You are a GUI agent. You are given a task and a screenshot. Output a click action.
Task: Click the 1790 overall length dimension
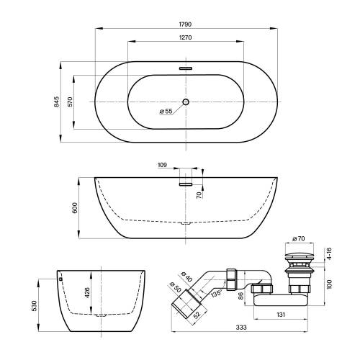coord(185,24)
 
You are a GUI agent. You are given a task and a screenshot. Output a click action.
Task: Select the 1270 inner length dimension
coord(185,37)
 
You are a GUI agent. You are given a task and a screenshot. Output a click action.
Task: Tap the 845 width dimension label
coord(56,102)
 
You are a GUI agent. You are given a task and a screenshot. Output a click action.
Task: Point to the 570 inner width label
coord(70,102)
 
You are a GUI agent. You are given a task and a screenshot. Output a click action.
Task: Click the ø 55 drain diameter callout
coord(166,111)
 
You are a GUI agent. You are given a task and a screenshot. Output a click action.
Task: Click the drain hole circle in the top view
coord(186,102)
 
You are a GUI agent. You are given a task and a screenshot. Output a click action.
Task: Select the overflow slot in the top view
coord(186,68)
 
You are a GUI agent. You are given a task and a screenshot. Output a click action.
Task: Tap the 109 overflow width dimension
coord(162,165)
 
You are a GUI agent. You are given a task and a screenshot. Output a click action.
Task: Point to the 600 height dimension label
coord(75,208)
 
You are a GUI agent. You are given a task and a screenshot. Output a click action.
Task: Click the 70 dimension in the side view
coord(199,195)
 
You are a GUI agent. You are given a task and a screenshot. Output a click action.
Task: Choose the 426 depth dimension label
coord(87,292)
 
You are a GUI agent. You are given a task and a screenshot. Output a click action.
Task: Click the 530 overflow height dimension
coord(35,306)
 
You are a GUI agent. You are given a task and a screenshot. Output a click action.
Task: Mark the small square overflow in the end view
coord(60,279)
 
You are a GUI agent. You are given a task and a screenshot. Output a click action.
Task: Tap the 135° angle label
coord(217,293)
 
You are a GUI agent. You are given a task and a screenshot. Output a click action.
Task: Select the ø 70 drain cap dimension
coord(299,238)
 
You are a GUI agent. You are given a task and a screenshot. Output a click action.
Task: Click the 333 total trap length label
coord(241,328)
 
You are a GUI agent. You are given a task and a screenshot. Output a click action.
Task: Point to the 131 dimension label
coord(281,315)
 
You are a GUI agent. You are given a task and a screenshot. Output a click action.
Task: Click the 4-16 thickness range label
coord(329,253)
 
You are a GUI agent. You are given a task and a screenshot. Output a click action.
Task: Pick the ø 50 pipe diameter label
coord(175,287)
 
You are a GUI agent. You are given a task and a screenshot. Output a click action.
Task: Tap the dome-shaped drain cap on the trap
coord(300,256)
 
